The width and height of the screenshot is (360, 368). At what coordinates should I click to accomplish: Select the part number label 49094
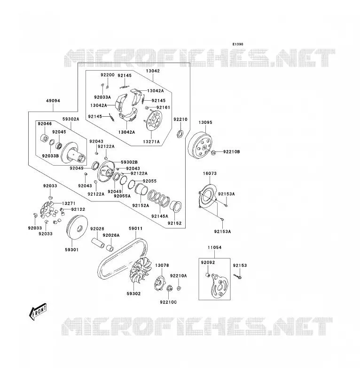coord(53,101)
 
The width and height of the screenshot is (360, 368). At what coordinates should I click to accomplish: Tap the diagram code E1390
coord(238,44)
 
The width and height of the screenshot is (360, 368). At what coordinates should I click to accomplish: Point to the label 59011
coord(136,228)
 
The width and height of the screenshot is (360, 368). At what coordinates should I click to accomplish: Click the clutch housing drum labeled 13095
coord(200,147)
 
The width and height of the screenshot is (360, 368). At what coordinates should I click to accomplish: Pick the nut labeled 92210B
coord(213,152)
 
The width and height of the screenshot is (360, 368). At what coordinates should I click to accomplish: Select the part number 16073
coord(210,174)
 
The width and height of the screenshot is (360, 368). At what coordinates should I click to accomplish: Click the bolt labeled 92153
coord(238,277)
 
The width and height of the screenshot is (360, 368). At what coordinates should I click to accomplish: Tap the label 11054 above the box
coord(214,248)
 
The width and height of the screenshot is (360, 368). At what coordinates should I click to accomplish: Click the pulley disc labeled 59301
coord(78,228)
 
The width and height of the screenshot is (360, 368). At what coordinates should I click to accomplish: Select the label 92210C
coord(169,302)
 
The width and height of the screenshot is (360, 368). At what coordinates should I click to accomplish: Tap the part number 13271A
coord(151,142)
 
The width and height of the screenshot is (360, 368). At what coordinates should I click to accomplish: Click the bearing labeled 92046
coord(45,138)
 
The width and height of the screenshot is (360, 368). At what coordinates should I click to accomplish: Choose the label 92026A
coord(111,235)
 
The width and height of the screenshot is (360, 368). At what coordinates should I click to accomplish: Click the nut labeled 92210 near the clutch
coord(180,134)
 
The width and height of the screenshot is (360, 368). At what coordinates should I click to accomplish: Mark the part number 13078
coord(162,265)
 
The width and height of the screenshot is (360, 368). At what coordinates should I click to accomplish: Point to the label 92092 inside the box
coord(208,263)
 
